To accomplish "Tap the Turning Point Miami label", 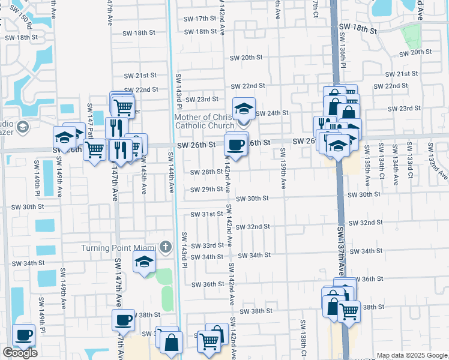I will [x=120, y=248].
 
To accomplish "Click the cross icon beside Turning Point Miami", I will [x=166, y=247].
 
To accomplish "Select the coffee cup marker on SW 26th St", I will [x=236, y=145].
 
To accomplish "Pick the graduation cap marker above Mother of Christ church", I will [x=244, y=109].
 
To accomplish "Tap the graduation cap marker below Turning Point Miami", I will [x=144, y=262].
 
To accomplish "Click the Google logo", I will [x=20, y=353].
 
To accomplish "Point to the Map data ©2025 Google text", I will [x=412, y=355].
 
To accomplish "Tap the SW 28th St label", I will [x=206, y=172].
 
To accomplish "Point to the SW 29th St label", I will [x=206, y=190].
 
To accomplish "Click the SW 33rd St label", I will [x=207, y=246].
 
